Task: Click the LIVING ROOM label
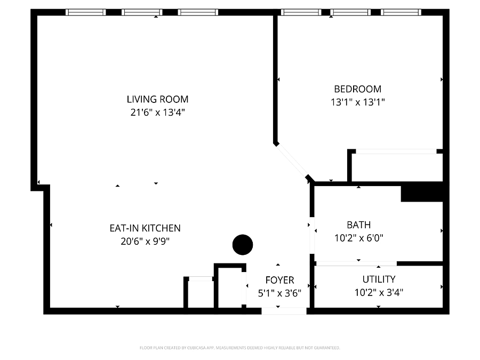coord(158,99)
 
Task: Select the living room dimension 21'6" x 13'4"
coord(158,113)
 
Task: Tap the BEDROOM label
coord(357,89)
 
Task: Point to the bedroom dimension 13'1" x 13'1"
coord(357,102)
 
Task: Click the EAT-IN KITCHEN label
coord(145,228)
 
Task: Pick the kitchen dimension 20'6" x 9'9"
coord(145,241)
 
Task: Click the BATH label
coord(359,225)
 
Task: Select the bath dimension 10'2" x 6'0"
coord(359,238)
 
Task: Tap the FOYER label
coord(280,280)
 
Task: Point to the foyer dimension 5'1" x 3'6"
coord(280,293)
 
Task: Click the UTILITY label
coord(379,279)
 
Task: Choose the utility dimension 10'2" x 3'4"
coord(379,292)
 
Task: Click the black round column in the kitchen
coord(243,245)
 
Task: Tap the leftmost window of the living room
coord(86,12)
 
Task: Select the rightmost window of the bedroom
coord(401,12)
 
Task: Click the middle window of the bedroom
coord(350,12)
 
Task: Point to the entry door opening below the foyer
coord(284,311)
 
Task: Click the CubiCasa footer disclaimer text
coord(239,348)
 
